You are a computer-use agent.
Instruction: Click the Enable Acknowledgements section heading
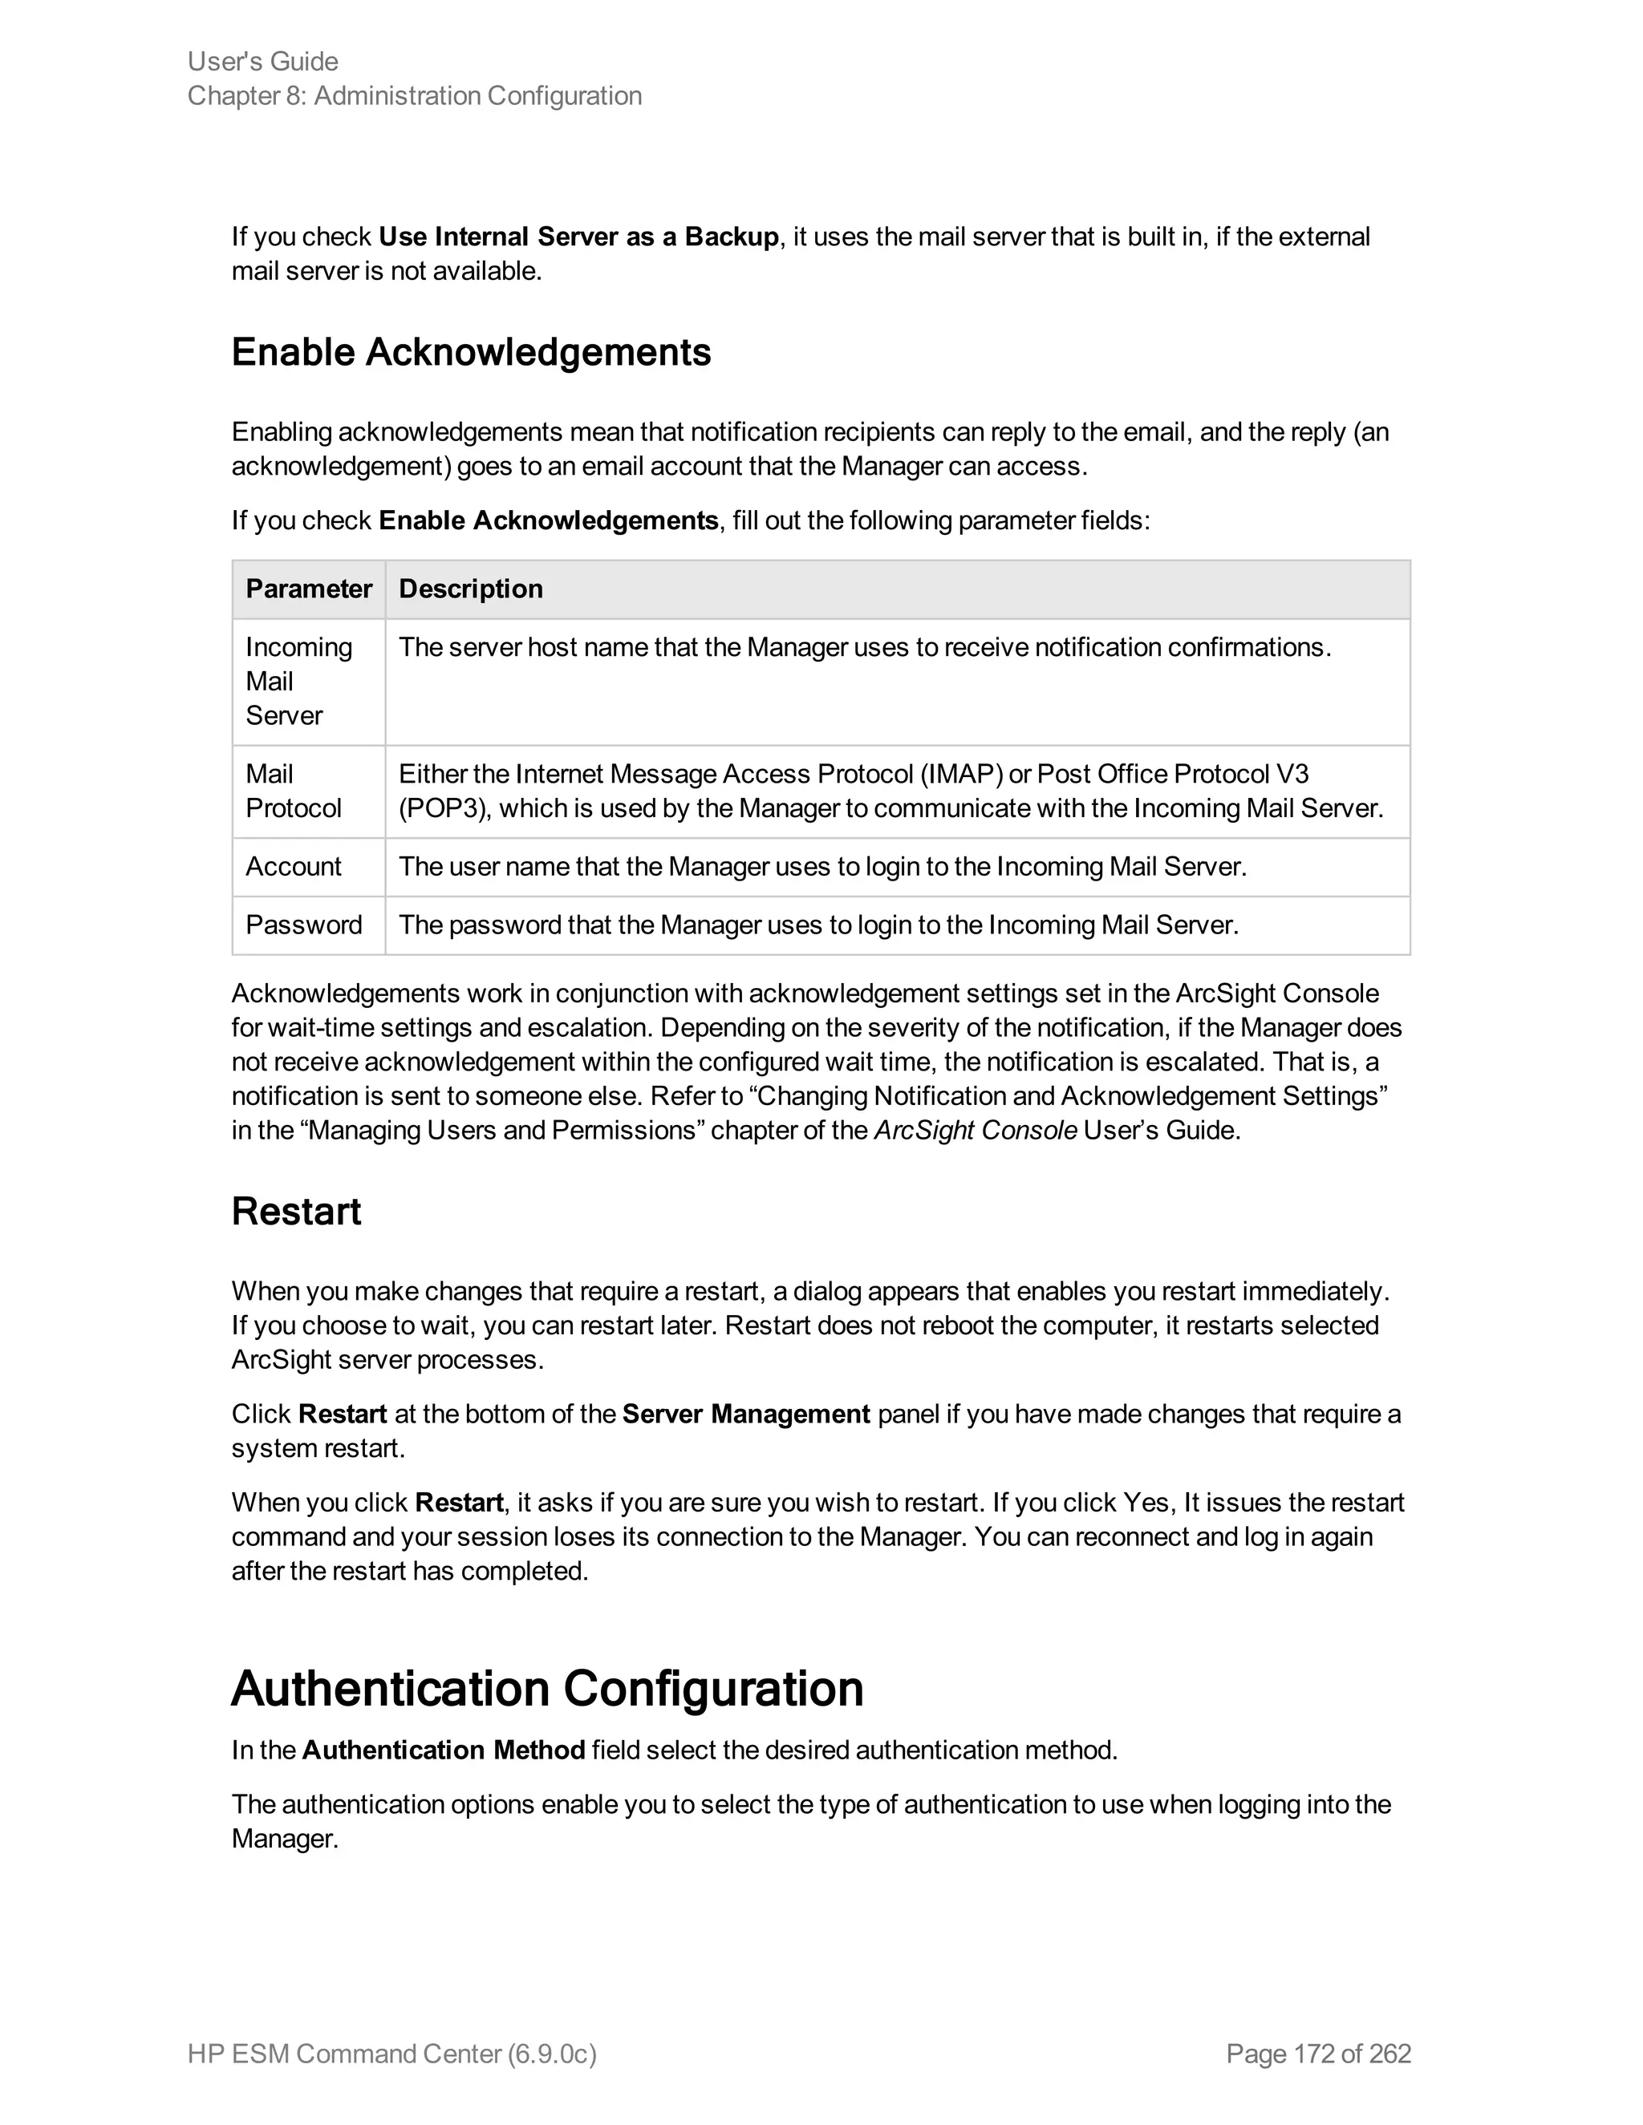click(471, 352)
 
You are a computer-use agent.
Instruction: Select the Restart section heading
click(296, 1212)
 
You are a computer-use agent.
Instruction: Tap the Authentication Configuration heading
click(547, 1688)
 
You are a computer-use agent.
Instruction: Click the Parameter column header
click(309, 589)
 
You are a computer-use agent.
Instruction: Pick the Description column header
click(471, 589)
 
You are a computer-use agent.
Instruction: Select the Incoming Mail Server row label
click(298, 681)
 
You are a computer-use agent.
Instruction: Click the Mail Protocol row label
click(293, 791)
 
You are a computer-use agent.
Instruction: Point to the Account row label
click(293, 867)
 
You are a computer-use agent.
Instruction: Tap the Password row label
click(304, 925)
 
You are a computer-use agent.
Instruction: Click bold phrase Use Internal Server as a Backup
click(578, 237)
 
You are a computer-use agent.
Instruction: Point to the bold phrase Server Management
click(745, 1415)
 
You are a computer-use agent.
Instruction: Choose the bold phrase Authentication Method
click(443, 1751)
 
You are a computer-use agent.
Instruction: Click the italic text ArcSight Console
click(976, 1131)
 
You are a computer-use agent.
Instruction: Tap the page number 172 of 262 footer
click(1318, 2054)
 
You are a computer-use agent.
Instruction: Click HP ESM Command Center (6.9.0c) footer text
click(391, 2054)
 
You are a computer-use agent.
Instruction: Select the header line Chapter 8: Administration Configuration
click(415, 96)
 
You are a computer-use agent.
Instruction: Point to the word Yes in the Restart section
click(1146, 1504)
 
